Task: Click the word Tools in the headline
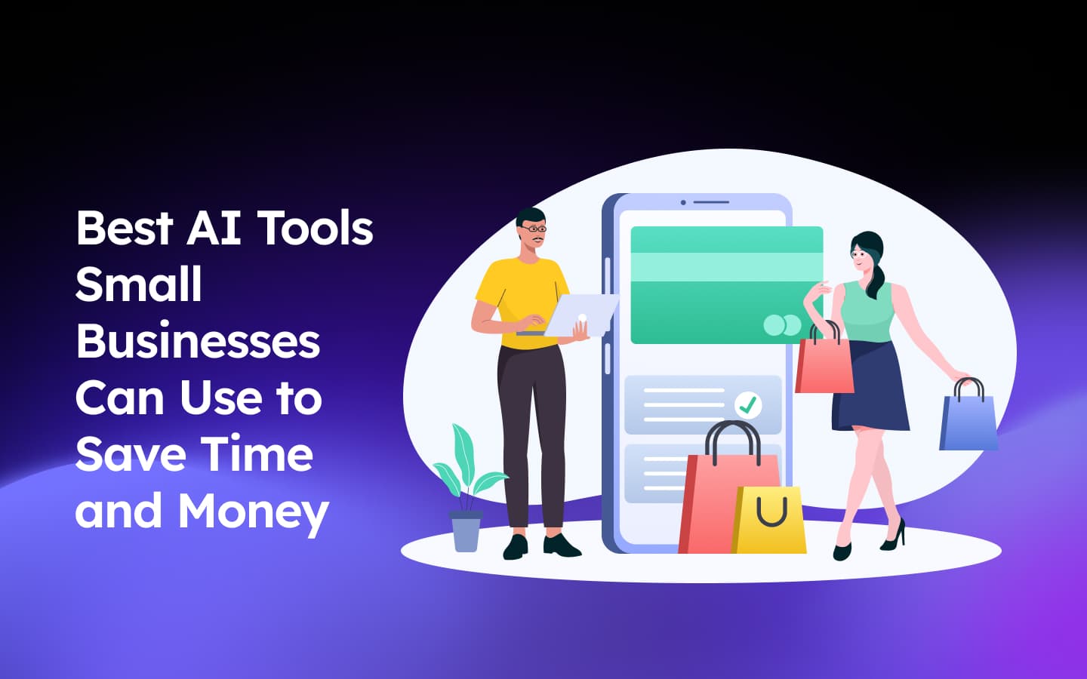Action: click(316, 228)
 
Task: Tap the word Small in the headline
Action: click(139, 284)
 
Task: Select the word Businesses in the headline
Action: click(198, 341)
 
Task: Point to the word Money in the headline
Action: click(253, 512)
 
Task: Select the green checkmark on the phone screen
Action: click(748, 406)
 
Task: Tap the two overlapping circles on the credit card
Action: click(782, 325)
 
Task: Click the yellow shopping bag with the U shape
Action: click(770, 521)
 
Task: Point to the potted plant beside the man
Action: click(466, 490)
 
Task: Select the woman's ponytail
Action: click(877, 279)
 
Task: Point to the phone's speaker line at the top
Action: click(711, 202)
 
